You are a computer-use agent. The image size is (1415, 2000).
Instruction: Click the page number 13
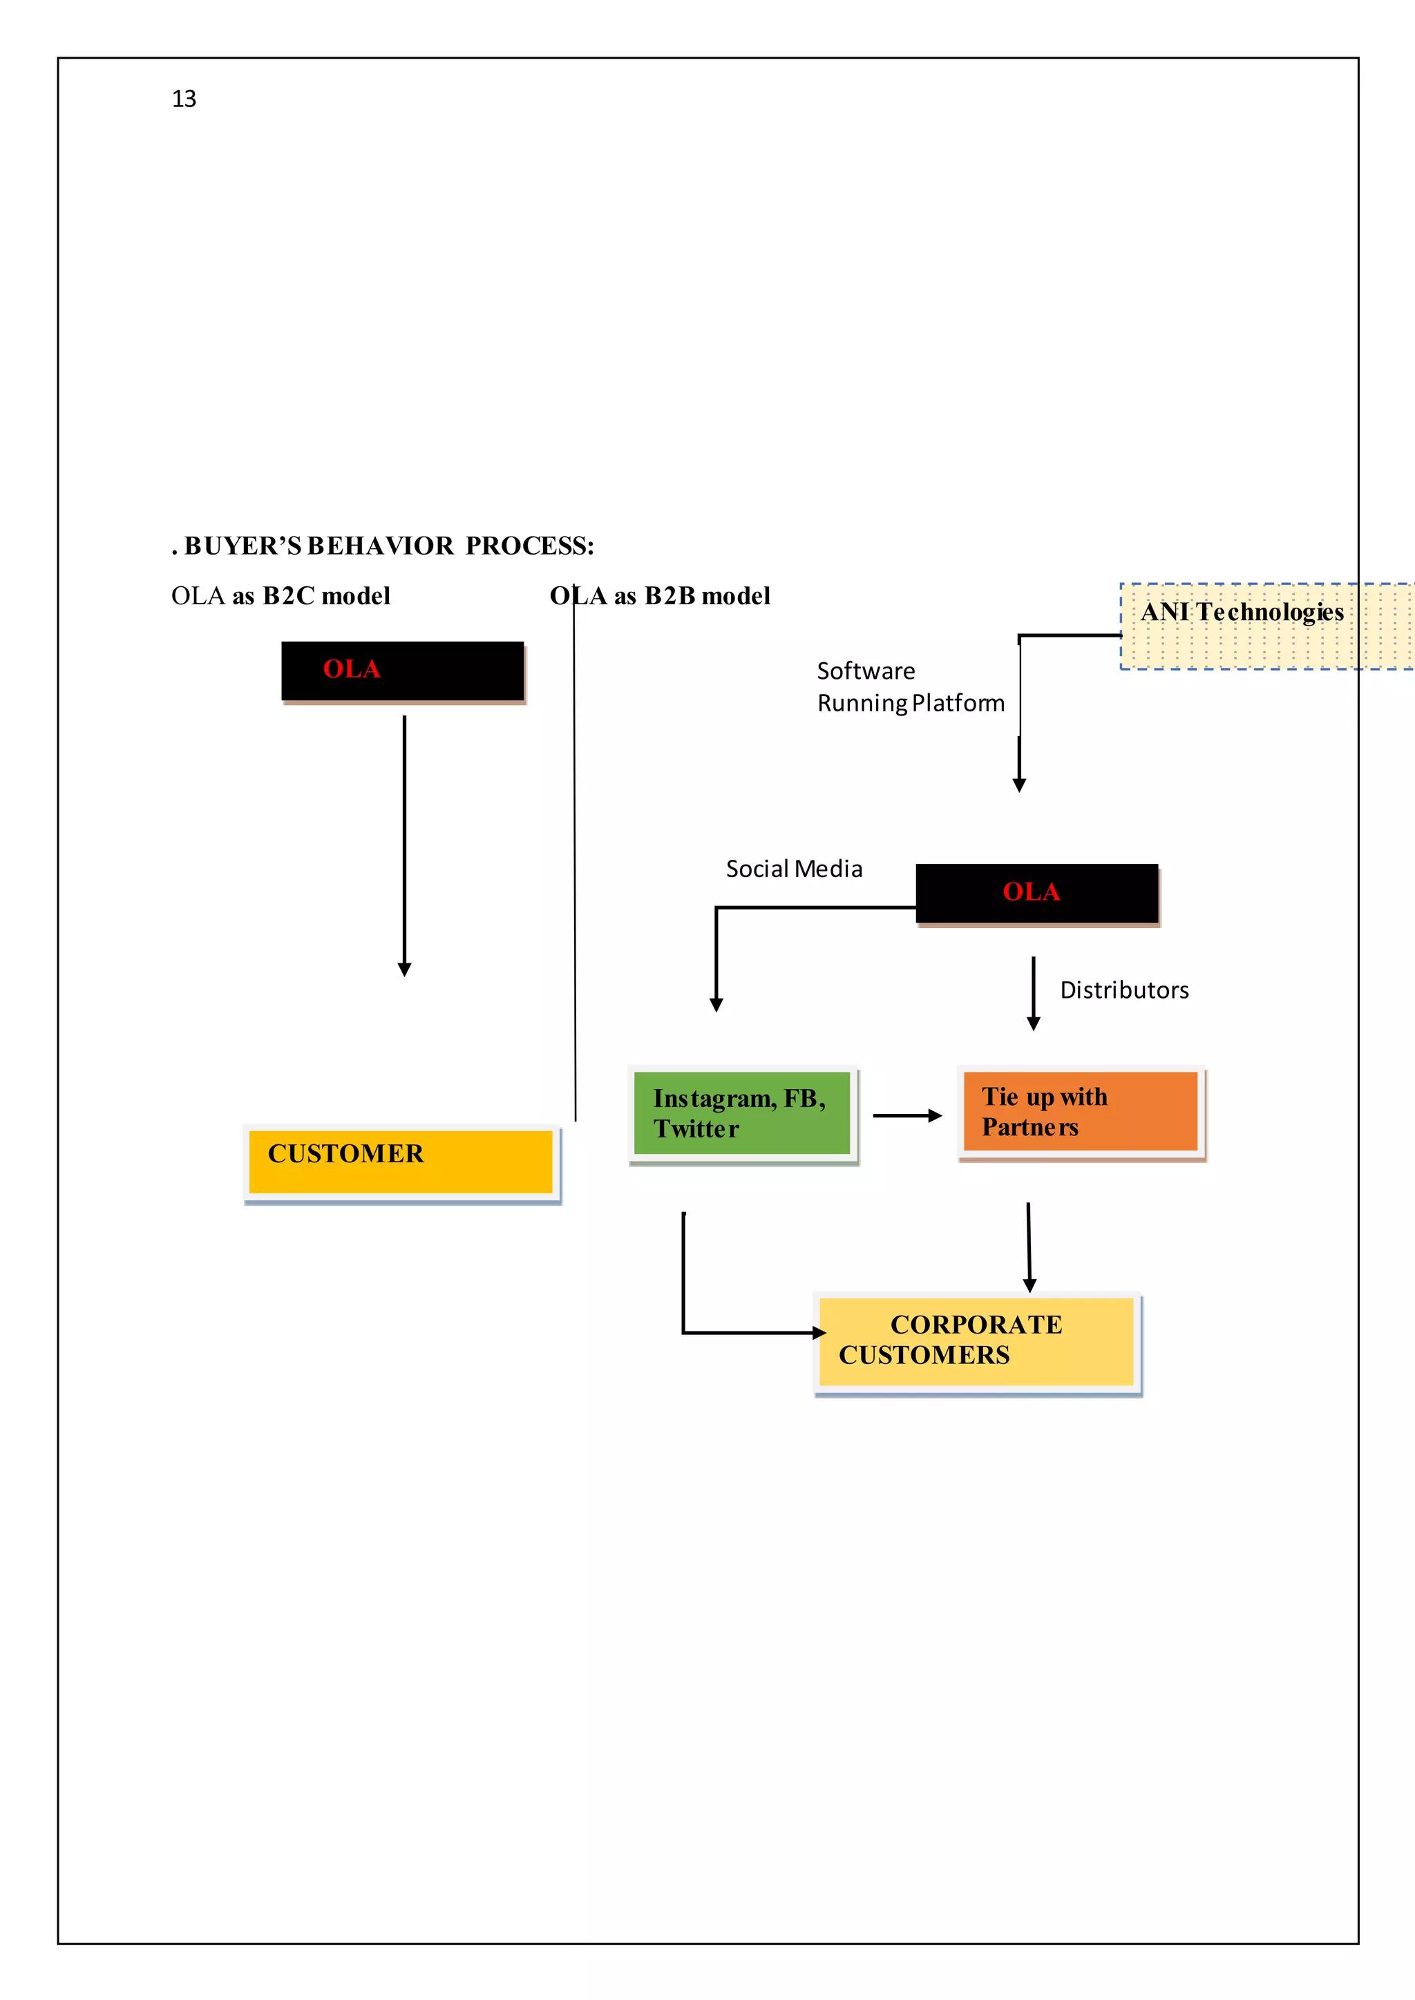(x=184, y=99)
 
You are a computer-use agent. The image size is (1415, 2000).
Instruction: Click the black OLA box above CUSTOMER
(x=403, y=671)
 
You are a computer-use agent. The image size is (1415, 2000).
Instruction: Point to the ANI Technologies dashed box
(x=1264, y=626)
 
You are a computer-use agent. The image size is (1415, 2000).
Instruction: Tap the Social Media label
(x=794, y=869)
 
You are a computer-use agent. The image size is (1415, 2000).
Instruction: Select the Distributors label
(x=1124, y=990)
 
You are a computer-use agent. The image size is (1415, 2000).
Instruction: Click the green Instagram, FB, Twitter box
(x=741, y=1113)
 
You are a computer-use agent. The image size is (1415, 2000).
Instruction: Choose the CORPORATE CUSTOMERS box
(x=976, y=1341)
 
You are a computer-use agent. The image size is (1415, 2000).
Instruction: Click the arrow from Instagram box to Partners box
(x=906, y=1116)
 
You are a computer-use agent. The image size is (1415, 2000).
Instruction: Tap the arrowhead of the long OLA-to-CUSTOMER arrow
(x=404, y=970)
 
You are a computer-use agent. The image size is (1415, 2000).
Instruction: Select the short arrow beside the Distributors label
(x=1034, y=993)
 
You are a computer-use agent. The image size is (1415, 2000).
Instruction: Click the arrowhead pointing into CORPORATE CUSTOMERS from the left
(x=818, y=1333)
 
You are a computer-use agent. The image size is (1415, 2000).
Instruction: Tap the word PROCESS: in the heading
(x=530, y=546)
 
